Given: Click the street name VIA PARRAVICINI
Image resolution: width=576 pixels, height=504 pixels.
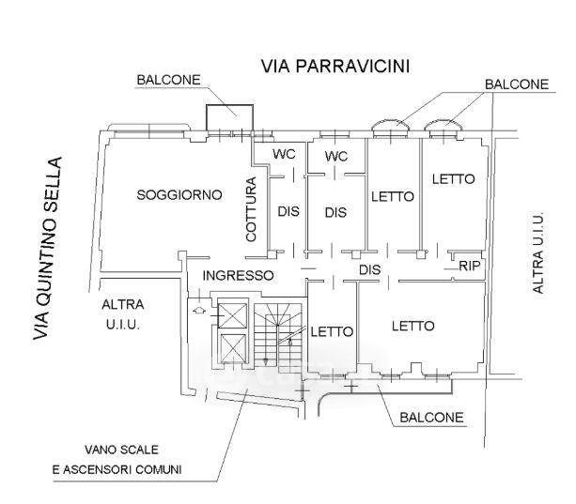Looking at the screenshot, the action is coord(335,67).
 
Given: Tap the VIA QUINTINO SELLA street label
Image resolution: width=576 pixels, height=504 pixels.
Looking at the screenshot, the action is coord(47,249).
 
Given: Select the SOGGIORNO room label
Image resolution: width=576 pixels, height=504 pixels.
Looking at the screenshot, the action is coord(179,195).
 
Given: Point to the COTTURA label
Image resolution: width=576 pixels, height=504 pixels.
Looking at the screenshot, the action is coord(251,209).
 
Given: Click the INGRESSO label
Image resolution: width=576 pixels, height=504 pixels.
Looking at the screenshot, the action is coord(238,276).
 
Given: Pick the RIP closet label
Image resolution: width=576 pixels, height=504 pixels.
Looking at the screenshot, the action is coord(470,266).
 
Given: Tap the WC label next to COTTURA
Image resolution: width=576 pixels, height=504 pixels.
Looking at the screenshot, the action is coord(284,154).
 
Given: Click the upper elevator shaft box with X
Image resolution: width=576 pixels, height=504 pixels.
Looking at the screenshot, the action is coord(233,315).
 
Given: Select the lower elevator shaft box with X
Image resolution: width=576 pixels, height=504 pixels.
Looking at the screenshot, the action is coord(233,348).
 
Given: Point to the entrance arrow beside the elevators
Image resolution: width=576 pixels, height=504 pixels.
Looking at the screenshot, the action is coord(199,310).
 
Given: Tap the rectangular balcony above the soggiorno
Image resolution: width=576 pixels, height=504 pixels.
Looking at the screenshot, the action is coord(229,117).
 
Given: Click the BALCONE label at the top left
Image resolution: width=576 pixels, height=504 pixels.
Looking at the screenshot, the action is coord(168,80).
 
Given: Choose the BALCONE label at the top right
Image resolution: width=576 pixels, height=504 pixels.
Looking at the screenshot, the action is coord(517,84).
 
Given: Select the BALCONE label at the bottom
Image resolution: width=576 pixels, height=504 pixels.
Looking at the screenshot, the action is coord(431,418).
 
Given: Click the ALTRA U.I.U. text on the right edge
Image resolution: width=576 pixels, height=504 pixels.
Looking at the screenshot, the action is coord(537,252).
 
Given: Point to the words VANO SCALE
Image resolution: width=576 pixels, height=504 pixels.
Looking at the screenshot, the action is coord(121,450).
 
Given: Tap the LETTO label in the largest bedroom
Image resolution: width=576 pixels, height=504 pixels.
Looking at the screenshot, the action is coord(413,326).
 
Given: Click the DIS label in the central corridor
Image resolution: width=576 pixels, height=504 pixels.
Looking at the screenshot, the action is coord(369,270).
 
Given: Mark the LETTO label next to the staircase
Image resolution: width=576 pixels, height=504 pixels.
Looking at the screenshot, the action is coord(332,331).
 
